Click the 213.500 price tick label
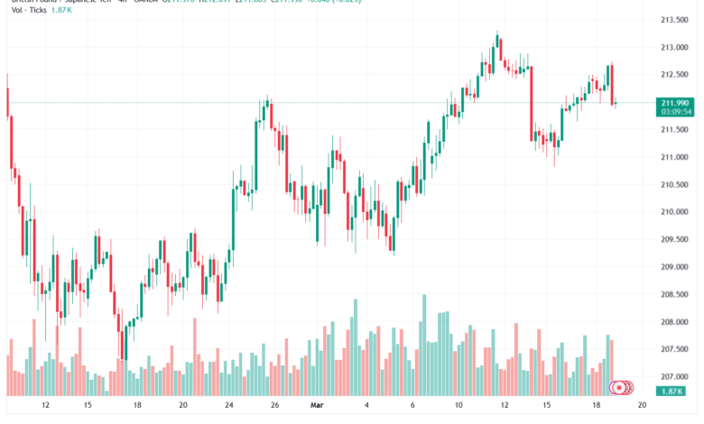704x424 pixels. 676,19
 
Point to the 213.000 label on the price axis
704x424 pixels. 676,47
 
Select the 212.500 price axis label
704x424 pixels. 676,74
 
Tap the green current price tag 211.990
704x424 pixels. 676,103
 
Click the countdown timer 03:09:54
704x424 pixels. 676,113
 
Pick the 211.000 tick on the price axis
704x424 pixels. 676,157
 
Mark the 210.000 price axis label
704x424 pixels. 676,212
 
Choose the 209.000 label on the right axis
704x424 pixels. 676,267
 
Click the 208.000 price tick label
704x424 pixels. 676,322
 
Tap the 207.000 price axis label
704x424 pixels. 676,377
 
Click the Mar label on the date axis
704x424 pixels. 316,406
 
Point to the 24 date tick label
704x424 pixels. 229,406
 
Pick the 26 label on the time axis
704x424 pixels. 274,406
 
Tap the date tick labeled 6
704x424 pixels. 412,406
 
